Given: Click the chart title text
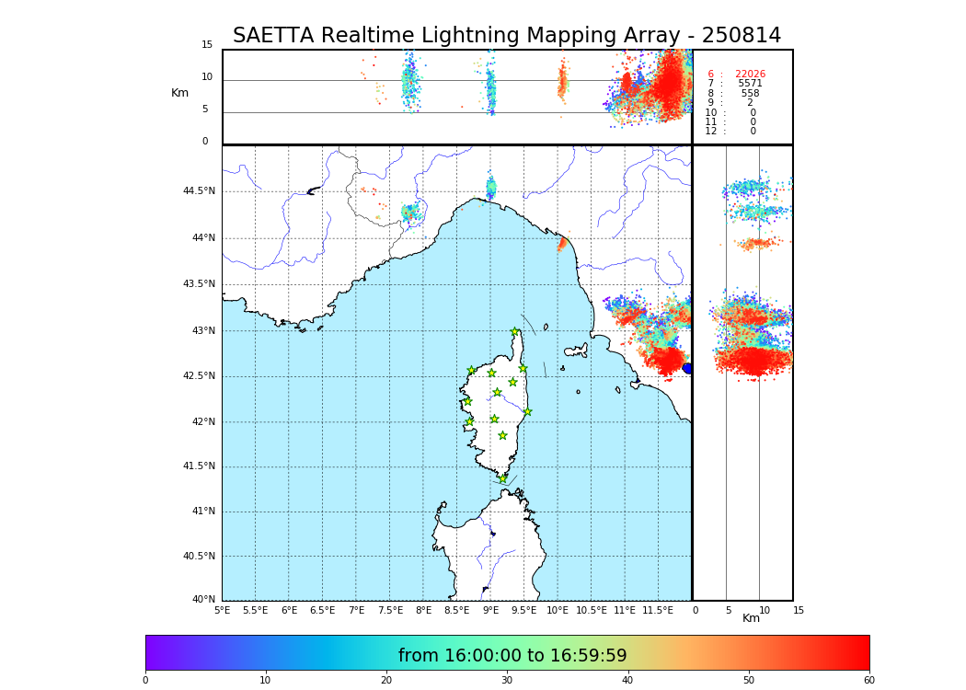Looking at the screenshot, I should click(506, 36).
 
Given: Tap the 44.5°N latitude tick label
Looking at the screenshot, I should click(199, 191).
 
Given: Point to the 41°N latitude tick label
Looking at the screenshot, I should click(202, 512).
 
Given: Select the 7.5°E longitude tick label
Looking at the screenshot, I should click(390, 610).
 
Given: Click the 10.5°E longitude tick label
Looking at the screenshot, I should click(591, 610).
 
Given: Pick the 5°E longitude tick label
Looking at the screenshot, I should click(222, 610).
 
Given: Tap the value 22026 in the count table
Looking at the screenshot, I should click(750, 75).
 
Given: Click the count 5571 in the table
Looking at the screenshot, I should click(750, 84).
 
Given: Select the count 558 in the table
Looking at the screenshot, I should click(750, 94).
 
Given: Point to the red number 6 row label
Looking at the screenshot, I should click(710, 75).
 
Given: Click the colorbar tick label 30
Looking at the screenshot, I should click(507, 680).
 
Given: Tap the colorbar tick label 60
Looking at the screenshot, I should click(868, 680).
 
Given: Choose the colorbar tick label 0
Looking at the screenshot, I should click(145, 680).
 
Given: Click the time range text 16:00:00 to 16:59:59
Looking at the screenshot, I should click(512, 656).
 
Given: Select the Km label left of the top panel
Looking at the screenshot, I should click(179, 93).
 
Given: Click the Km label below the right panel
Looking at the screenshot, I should click(751, 618).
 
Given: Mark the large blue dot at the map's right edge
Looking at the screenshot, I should click(687, 368).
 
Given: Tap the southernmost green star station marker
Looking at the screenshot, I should click(502, 478).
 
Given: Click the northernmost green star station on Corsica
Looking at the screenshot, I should click(515, 332).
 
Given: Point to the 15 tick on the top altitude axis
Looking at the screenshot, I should click(207, 45).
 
